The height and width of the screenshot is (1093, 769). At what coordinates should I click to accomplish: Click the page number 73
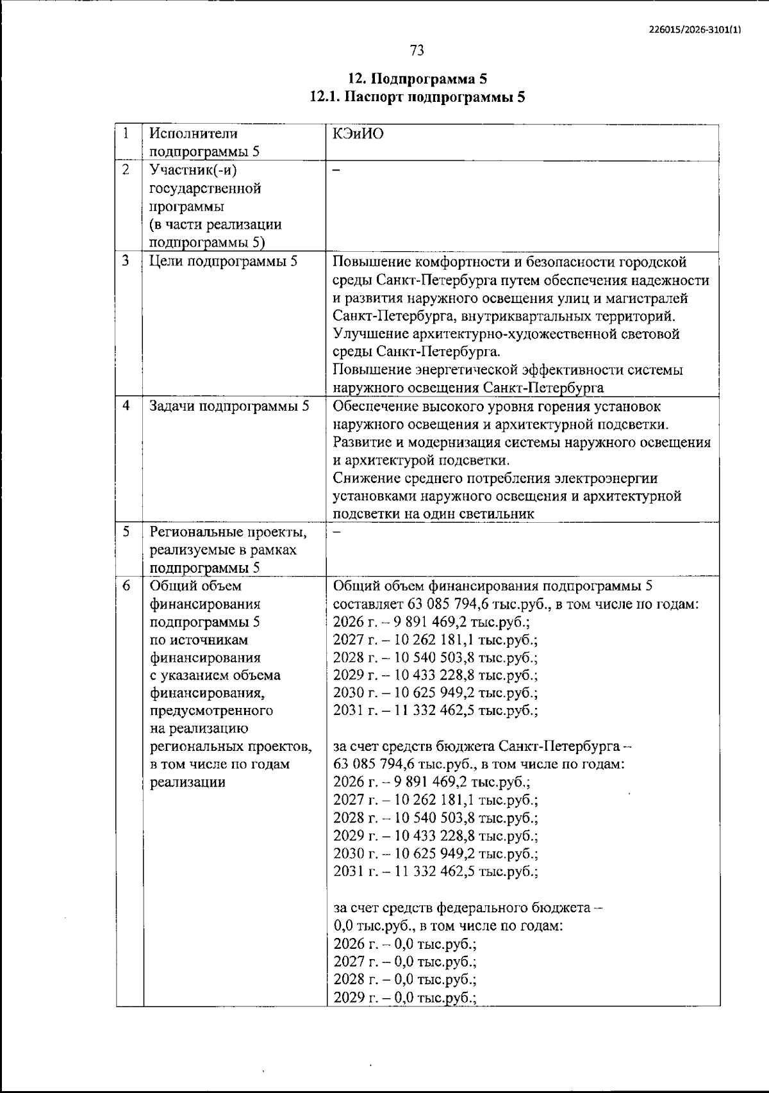tap(417, 50)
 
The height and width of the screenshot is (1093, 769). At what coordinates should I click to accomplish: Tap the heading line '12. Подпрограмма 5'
tap(417, 79)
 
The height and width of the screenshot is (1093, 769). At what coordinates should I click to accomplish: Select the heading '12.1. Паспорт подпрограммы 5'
tap(417, 97)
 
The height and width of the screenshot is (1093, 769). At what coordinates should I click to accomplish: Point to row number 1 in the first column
tap(127, 133)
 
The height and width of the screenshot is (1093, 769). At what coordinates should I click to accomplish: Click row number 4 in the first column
tap(127, 406)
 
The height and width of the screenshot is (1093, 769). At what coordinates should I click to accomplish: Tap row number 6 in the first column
tap(127, 586)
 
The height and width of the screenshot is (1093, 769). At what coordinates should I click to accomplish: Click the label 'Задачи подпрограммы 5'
tap(229, 406)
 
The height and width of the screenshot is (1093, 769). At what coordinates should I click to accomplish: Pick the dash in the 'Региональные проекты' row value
tap(337, 531)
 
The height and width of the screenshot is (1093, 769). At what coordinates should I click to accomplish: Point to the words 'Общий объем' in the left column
tap(195, 586)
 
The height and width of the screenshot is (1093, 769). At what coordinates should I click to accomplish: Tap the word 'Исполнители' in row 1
tap(193, 134)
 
